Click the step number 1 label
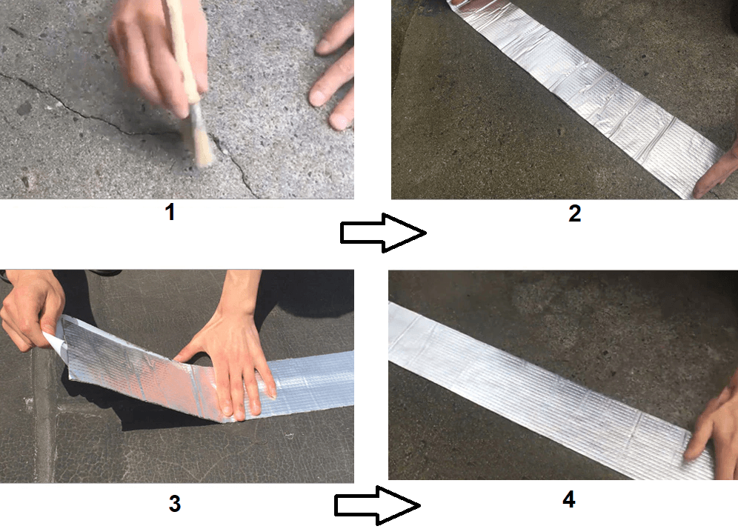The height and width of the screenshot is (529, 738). [170, 213]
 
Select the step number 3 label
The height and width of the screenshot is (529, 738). [174, 504]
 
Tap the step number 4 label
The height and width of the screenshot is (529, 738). [568, 501]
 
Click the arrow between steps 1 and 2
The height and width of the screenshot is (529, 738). [382, 233]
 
